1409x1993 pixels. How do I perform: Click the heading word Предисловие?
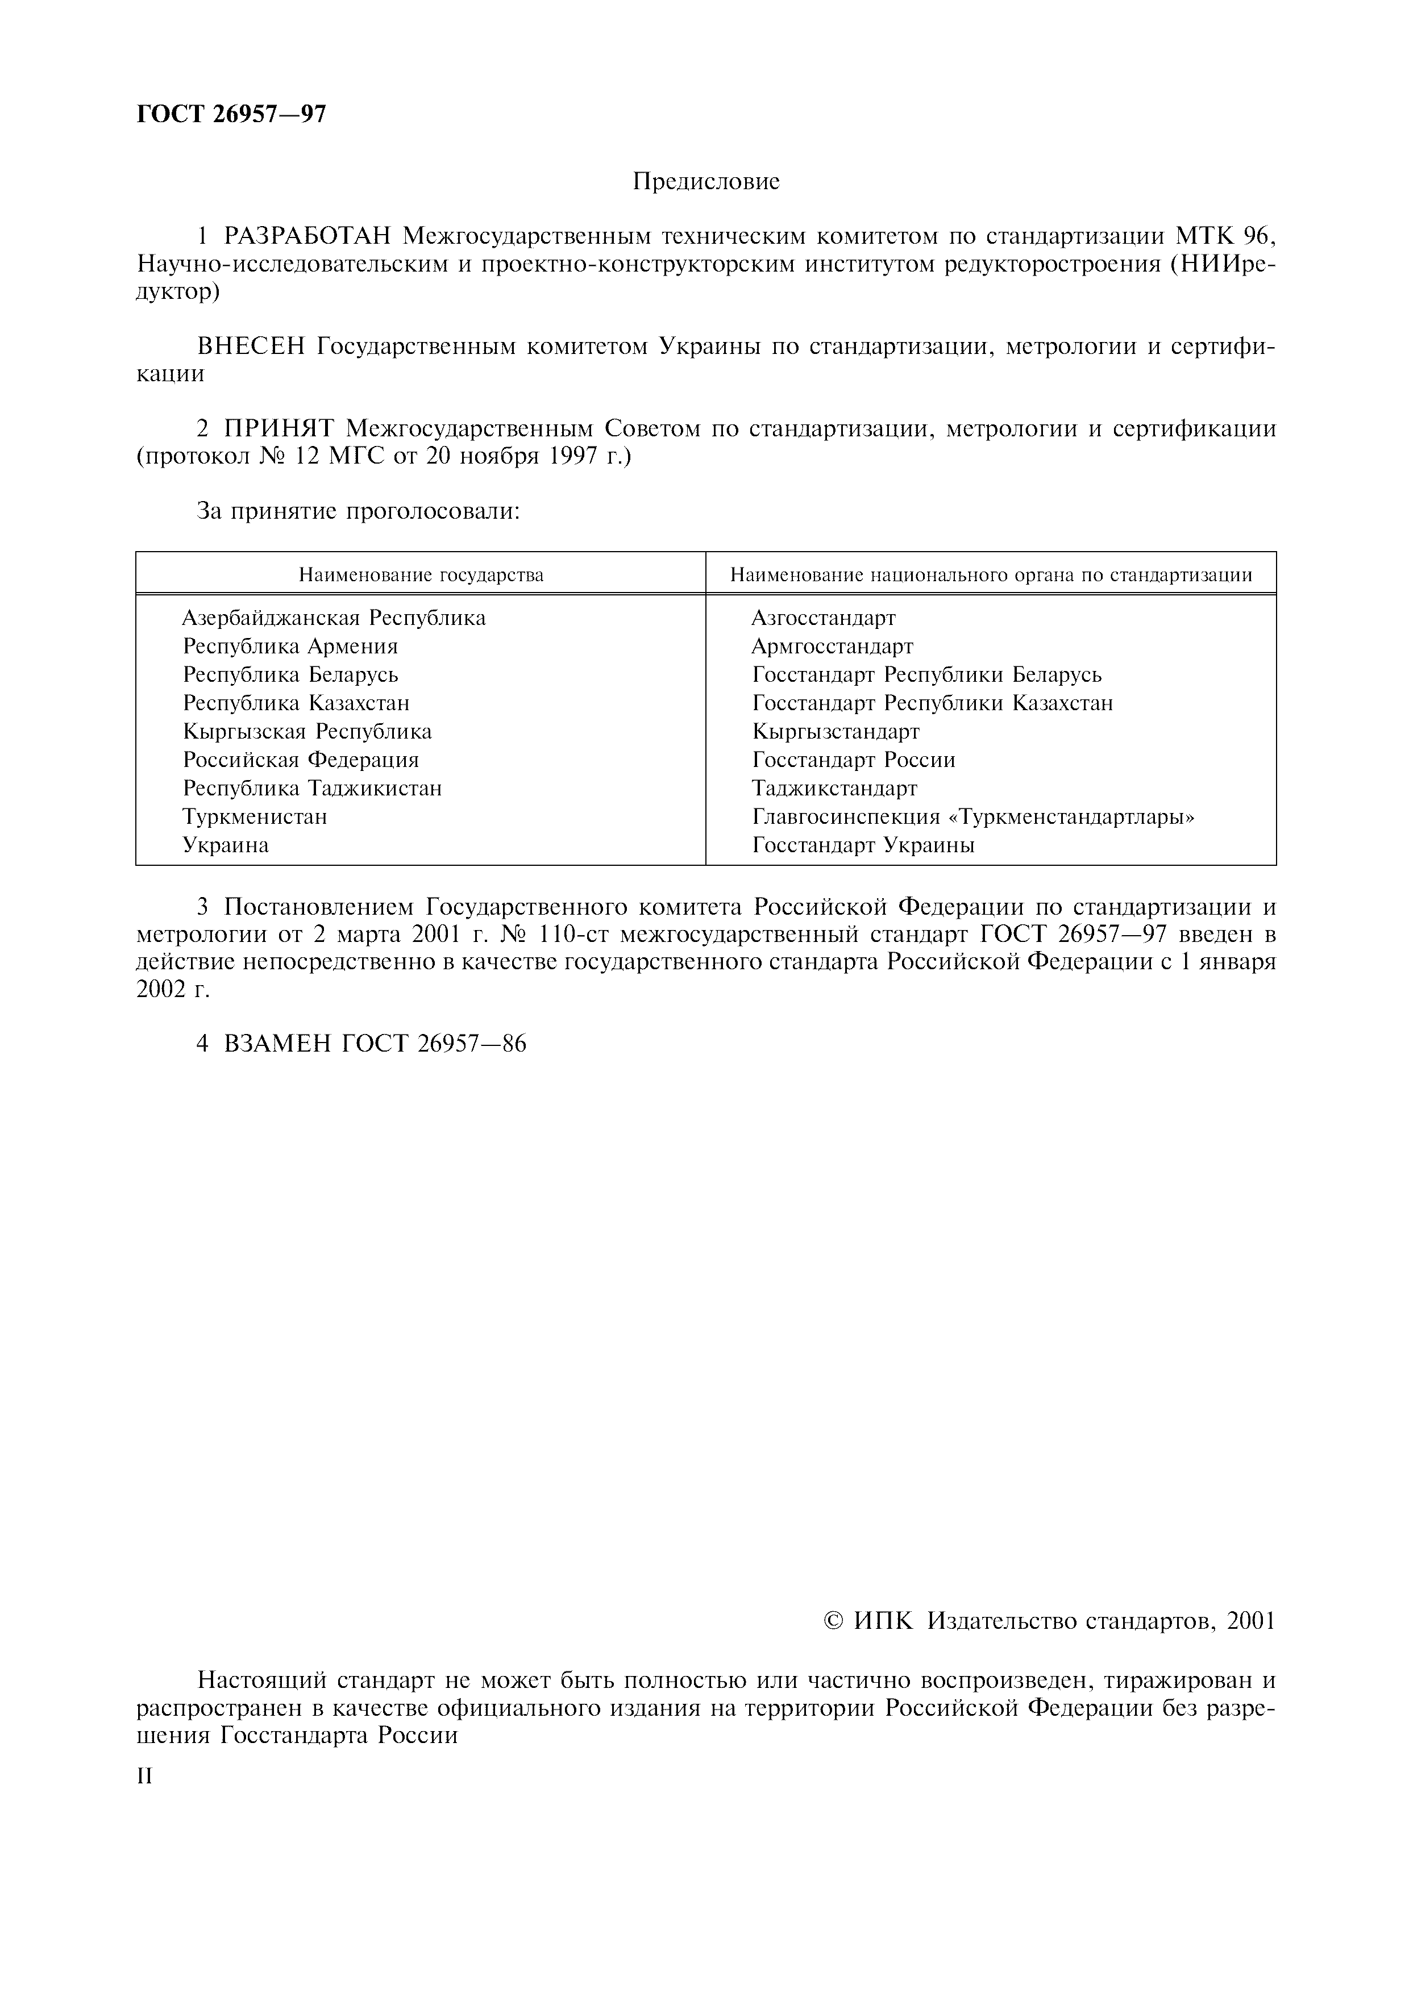click(x=706, y=181)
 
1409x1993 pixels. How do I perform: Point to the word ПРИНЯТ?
click(x=280, y=429)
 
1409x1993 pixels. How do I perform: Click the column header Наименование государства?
click(x=421, y=574)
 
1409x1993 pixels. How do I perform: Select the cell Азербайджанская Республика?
click(x=334, y=618)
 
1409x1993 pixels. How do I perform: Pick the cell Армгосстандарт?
click(x=832, y=647)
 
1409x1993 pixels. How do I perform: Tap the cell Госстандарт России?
click(x=853, y=760)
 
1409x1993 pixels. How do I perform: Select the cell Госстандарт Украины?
click(x=863, y=845)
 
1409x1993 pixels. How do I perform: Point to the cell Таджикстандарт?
click(x=834, y=788)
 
